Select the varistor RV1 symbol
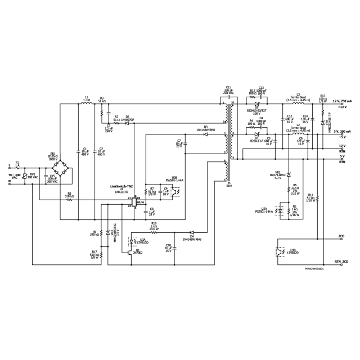(x=33, y=178)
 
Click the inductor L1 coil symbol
(x=86, y=103)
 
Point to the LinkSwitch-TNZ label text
(x=121, y=186)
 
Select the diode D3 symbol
(x=206, y=135)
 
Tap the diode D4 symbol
(x=191, y=232)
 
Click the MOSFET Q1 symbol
(x=130, y=253)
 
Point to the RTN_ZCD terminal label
(x=341, y=262)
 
